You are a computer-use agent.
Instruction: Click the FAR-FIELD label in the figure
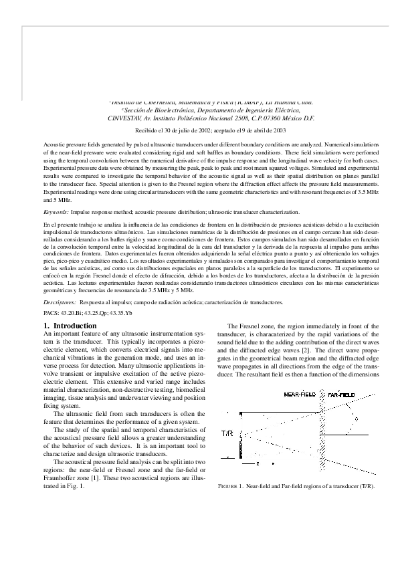tap(342, 395)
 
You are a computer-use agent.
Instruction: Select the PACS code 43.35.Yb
tap(121, 312)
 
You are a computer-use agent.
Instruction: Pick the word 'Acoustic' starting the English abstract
tap(54, 144)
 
